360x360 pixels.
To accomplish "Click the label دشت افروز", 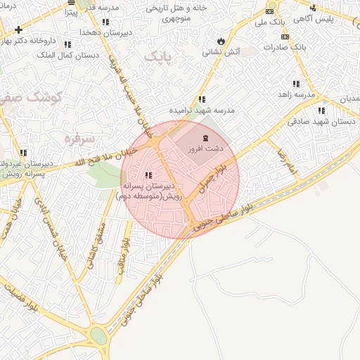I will pos(205,150).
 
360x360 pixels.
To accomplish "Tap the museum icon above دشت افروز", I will pos(205,138).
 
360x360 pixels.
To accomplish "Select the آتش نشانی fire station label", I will pos(220,52).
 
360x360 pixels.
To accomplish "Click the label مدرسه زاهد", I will pos(293,94).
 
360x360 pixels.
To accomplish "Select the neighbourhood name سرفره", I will pos(79,138).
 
